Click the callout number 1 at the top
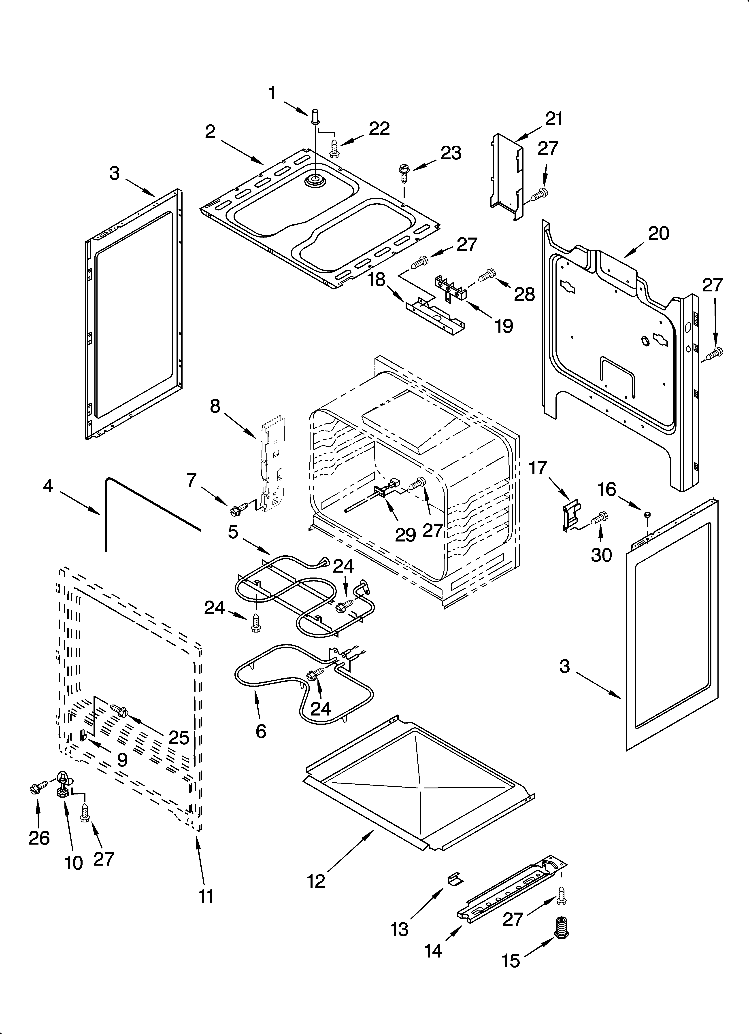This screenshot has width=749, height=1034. tap(272, 93)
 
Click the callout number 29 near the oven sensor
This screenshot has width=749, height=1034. tap(405, 535)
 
